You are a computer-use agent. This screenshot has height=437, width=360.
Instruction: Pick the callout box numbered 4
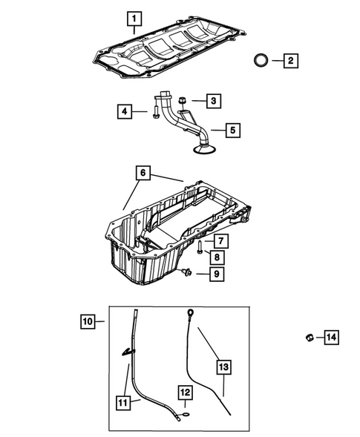[x=125, y=112]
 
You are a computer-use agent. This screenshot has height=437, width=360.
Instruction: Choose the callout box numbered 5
[x=232, y=131]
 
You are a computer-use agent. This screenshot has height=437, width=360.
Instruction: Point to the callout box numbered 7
[x=220, y=240]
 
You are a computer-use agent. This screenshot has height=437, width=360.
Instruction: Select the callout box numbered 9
[x=220, y=275]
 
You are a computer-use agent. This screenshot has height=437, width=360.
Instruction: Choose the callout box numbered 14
[x=330, y=338]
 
